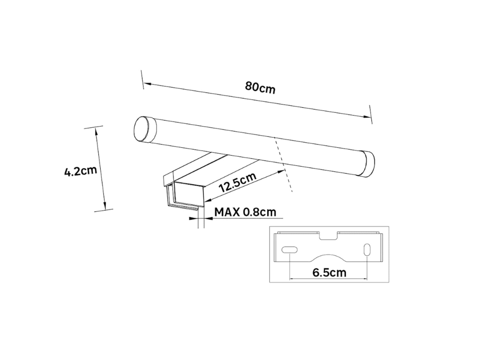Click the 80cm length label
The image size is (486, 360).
pyautogui.click(x=260, y=88)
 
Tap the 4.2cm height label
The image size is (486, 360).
pyautogui.click(x=80, y=171)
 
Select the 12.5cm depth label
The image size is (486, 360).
pyautogui.click(x=238, y=182)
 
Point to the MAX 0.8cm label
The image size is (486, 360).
pyautogui.click(x=245, y=212)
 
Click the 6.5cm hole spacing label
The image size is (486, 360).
pyautogui.click(x=329, y=273)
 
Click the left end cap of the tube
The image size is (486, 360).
pyautogui.click(x=145, y=129)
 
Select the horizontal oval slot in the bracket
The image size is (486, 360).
pyautogui.click(x=289, y=250)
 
